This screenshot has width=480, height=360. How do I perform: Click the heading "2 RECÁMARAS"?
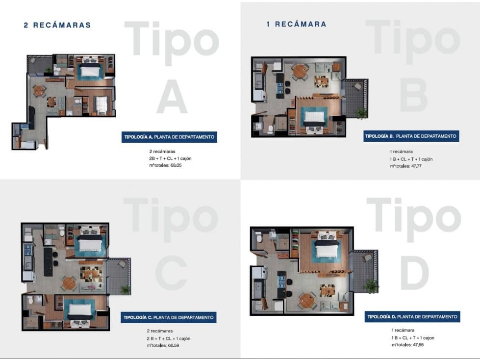click(x=57, y=25)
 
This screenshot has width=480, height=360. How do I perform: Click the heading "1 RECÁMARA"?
click(x=296, y=24)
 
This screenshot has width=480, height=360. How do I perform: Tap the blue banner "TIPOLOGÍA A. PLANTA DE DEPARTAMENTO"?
click(x=169, y=137)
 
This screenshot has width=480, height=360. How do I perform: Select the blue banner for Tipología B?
click(x=411, y=136)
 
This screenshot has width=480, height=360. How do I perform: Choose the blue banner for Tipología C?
click(x=168, y=317)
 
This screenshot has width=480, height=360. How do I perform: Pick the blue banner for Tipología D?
click(x=412, y=316)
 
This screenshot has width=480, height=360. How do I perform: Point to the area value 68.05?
click(x=176, y=165)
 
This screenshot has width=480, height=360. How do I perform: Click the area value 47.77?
click(x=416, y=166)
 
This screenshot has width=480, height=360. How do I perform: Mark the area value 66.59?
click(x=174, y=346)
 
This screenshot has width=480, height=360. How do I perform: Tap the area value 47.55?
click(x=418, y=345)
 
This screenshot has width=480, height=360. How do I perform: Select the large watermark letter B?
click(x=413, y=95)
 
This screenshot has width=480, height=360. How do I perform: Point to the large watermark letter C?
click(x=171, y=273)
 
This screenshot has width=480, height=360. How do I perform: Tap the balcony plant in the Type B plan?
click(x=361, y=113)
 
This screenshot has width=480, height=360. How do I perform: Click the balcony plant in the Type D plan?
click(x=371, y=286)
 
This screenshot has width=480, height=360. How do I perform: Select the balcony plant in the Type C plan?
click(x=125, y=289)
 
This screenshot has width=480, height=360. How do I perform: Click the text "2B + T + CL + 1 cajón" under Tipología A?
click(x=170, y=158)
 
